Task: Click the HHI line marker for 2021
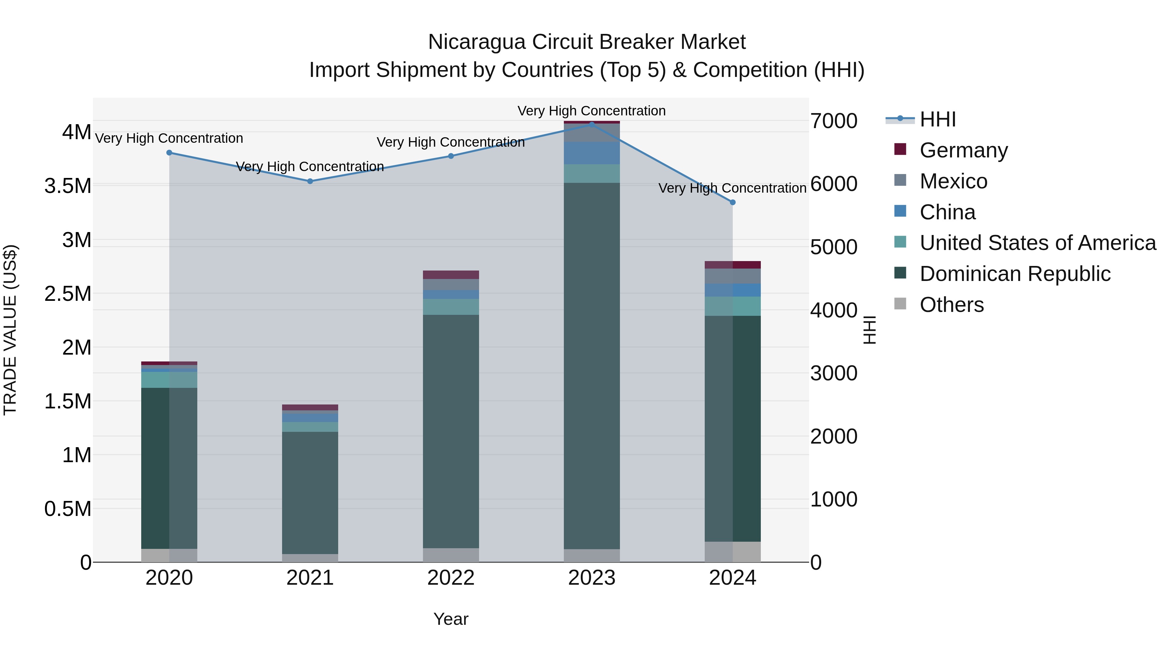[x=310, y=181]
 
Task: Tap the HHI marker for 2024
[x=732, y=202]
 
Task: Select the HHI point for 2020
[x=169, y=153]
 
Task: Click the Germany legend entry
[x=963, y=150]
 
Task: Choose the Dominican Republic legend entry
[x=1015, y=274]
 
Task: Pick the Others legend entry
[x=951, y=305]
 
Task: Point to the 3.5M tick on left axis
[x=68, y=186]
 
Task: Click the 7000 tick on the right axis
[x=834, y=121]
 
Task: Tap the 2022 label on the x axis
[x=451, y=578]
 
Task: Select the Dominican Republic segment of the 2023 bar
[x=592, y=364]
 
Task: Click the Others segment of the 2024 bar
[x=732, y=551]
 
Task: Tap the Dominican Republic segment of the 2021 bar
[x=310, y=492]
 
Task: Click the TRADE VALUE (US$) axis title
[x=10, y=330]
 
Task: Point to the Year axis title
[x=451, y=619]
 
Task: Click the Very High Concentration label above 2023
[x=592, y=111]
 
